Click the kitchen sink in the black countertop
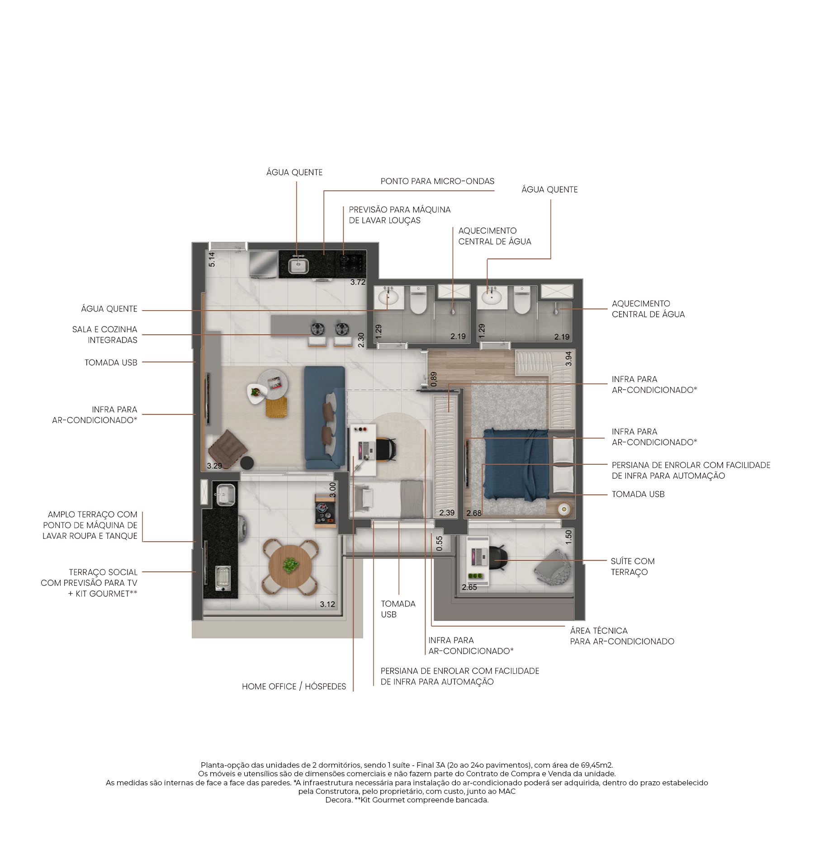298,265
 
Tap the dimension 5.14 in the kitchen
212,260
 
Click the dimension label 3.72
358,282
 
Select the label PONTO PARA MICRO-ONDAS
437,181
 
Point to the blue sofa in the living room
325,417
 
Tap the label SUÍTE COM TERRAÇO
632,566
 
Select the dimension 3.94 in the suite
568,359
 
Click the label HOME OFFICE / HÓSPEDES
294,686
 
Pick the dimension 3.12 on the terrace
327,604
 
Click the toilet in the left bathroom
418,301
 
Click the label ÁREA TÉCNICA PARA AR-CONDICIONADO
622,636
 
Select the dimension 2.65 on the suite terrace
469,587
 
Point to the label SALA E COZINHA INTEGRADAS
105,335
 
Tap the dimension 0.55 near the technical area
439,543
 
